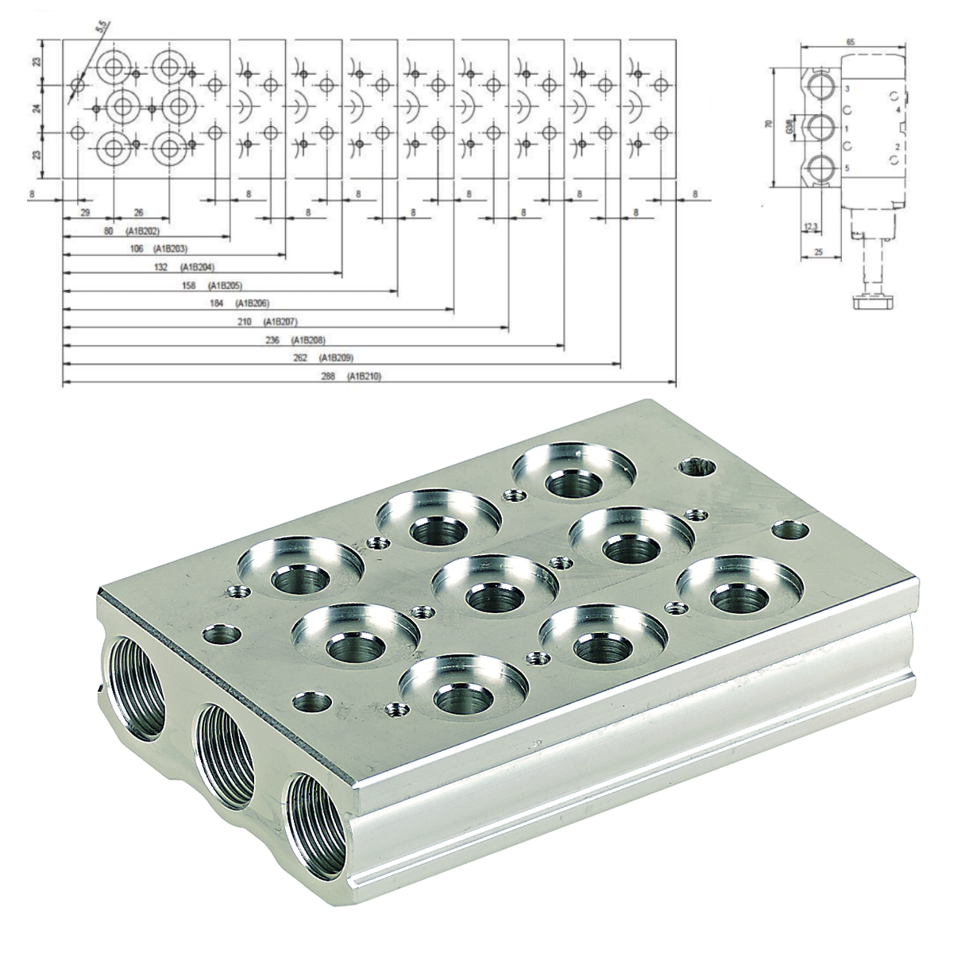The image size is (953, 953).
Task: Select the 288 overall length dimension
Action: coord(331,376)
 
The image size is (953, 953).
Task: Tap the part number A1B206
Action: coord(254,303)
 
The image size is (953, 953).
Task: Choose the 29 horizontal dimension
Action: coord(84,213)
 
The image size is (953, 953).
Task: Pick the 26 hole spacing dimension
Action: coord(139,213)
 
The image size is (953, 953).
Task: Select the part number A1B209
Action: coord(336,358)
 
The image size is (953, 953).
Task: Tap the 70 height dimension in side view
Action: coord(768,125)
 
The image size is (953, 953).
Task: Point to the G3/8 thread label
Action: coord(789,126)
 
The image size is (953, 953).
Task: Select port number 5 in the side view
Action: coord(847,168)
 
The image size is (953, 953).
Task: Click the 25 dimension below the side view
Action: coord(816,252)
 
